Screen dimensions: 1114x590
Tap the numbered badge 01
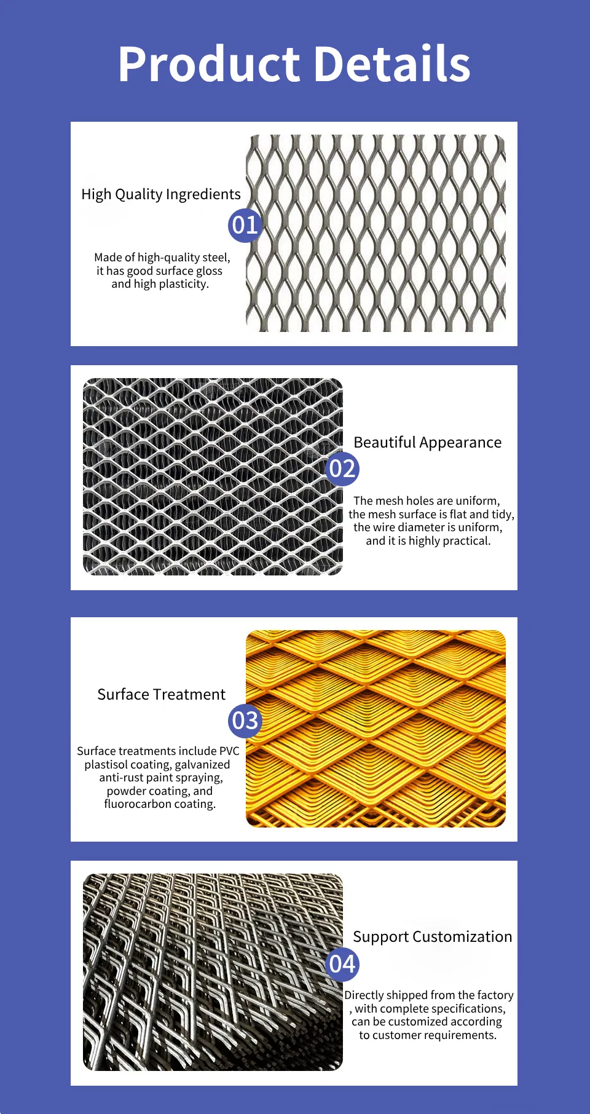[x=245, y=225]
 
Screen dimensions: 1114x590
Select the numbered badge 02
[x=342, y=469]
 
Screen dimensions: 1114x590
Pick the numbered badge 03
[x=245, y=721]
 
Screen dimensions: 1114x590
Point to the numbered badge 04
[x=342, y=963]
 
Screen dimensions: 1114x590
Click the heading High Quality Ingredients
[x=161, y=194]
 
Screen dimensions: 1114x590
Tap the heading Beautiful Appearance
[x=427, y=443]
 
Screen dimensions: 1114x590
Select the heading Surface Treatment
[x=161, y=695]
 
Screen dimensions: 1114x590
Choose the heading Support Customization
[x=432, y=937]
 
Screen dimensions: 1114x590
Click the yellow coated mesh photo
[x=376, y=729]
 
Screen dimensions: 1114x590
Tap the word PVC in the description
[x=229, y=751]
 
